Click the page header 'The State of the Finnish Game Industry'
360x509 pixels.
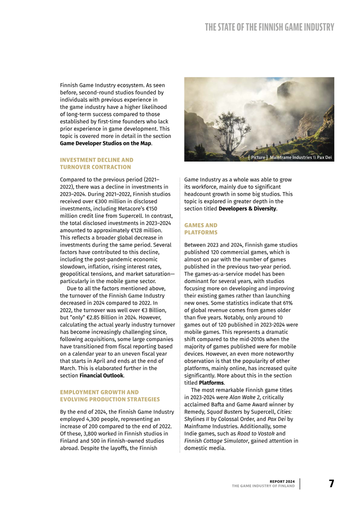(269, 27)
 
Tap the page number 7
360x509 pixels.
(331, 484)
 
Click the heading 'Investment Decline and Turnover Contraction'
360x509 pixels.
(96, 163)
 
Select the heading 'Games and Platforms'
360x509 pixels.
(201, 229)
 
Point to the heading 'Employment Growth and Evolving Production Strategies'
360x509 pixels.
(110, 396)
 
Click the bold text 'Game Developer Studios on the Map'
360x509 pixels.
(105, 143)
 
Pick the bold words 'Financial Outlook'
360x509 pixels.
(101, 375)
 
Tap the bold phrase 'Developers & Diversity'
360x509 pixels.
(247, 208)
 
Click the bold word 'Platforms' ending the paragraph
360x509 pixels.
(211, 383)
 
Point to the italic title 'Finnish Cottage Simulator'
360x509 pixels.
(215, 441)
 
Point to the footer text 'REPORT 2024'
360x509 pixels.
(282, 481)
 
